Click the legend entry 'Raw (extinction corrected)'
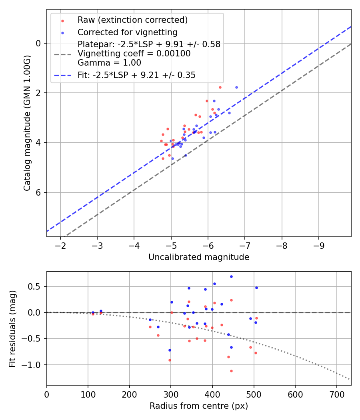point(132,20)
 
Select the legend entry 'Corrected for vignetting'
point(127,32)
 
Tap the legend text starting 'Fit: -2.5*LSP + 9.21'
point(136,75)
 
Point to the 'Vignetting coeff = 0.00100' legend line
point(134,53)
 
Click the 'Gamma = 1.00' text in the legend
point(109,62)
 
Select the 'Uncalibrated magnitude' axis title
point(199,257)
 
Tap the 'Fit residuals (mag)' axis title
point(12,328)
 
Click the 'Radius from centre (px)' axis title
point(199,406)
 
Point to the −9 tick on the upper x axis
point(319,245)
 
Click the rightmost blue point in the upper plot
point(236,87)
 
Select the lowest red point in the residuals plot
point(231,371)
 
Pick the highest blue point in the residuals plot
point(231,276)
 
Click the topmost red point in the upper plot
point(220,87)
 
